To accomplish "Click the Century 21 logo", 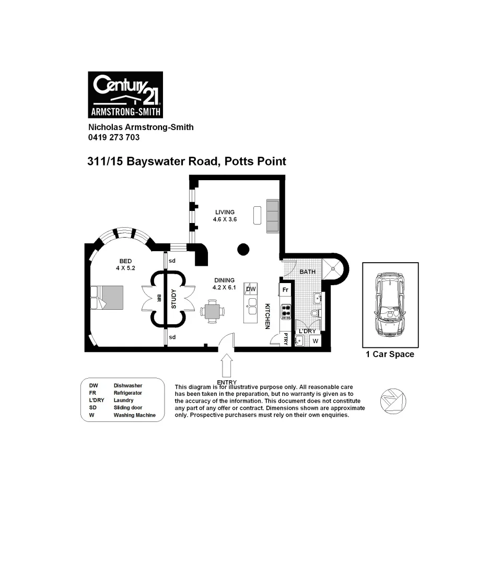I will pos(125,95).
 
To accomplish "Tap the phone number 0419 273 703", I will pos(113,137).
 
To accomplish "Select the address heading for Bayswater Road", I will pos(186,161).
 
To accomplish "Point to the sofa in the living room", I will pos(273,216).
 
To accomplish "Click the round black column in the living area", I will pos(243,249).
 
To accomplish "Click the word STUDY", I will pos(174,299).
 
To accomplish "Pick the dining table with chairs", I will pos(213,311).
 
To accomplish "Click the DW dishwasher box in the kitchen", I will pos(251,289).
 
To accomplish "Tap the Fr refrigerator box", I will pos(285,289).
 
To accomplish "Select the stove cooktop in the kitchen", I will pos(286,311).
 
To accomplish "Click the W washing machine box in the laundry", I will pos(315,340).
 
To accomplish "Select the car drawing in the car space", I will pos(390,305).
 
